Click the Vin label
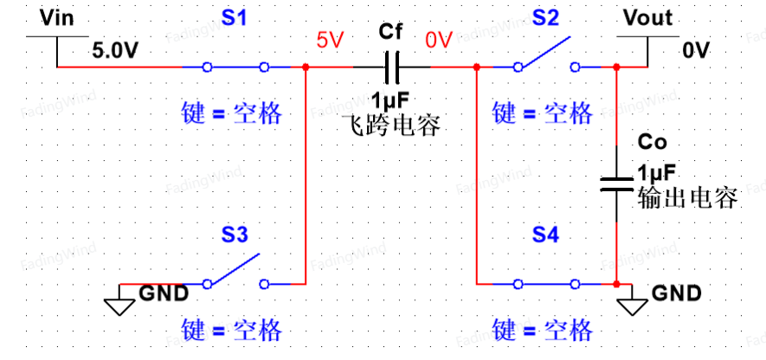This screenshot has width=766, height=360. pos(56,18)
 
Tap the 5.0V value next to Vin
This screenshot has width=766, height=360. pos(115,51)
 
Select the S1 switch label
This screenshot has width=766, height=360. pos(235,18)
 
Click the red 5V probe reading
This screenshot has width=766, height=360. pos(331,40)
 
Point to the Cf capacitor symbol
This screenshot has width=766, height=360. pos(392,67)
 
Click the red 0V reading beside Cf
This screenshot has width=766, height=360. pos(439,40)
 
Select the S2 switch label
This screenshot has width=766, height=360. pos(545,18)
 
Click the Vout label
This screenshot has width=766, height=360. pos(647,18)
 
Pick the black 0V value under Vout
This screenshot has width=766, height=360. pos(696,51)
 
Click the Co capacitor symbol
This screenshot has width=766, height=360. pos(616,184)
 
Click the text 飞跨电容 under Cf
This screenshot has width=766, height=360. pos(391,125)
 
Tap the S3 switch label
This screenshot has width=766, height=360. pos(235,235)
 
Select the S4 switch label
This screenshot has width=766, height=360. pos(545,235)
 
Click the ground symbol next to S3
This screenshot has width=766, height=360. pos(120,299)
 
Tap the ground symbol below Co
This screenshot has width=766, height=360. pos(632,299)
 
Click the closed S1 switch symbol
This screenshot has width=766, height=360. pos(235,67)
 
